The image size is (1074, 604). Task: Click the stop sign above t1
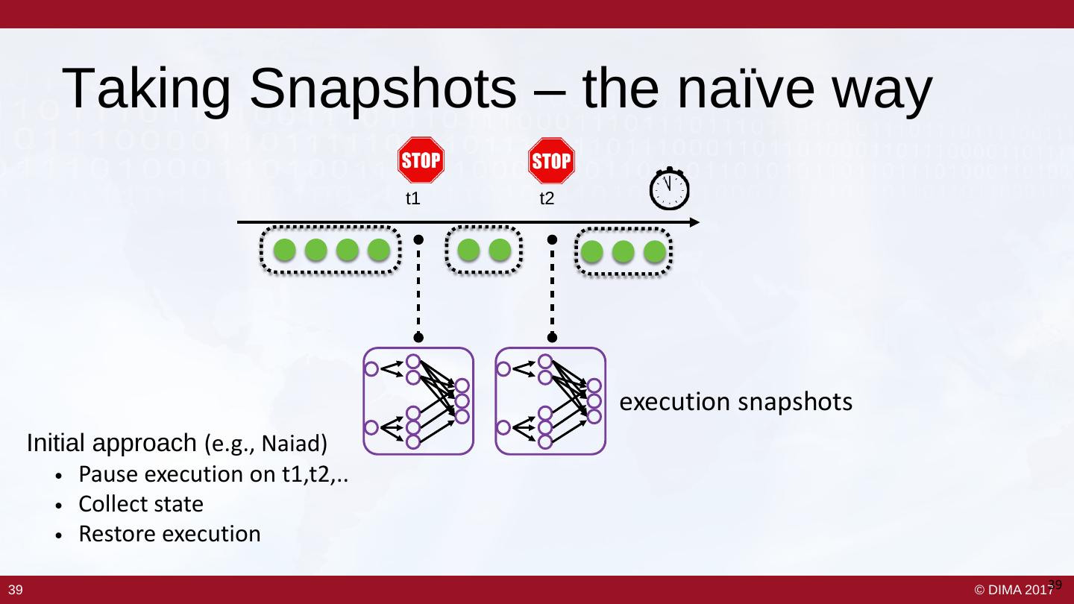[x=421, y=160]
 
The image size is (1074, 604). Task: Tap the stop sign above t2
[x=551, y=160]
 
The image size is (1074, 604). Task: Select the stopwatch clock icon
[x=669, y=189]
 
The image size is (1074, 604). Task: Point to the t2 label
[x=547, y=200]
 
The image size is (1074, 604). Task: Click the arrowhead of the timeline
[x=694, y=222]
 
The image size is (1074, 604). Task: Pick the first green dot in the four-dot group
[x=284, y=251]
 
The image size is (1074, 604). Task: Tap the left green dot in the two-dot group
[x=468, y=251]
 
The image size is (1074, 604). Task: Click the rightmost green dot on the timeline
[x=654, y=253]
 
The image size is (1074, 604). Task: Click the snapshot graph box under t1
[x=418, y=401]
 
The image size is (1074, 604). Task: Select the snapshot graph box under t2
[x=550, y=401]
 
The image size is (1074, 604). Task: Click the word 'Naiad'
[x=301, y=445]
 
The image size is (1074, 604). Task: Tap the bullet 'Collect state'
[x=141, y=505]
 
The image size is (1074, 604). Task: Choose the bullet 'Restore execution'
[x=169, y=535]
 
